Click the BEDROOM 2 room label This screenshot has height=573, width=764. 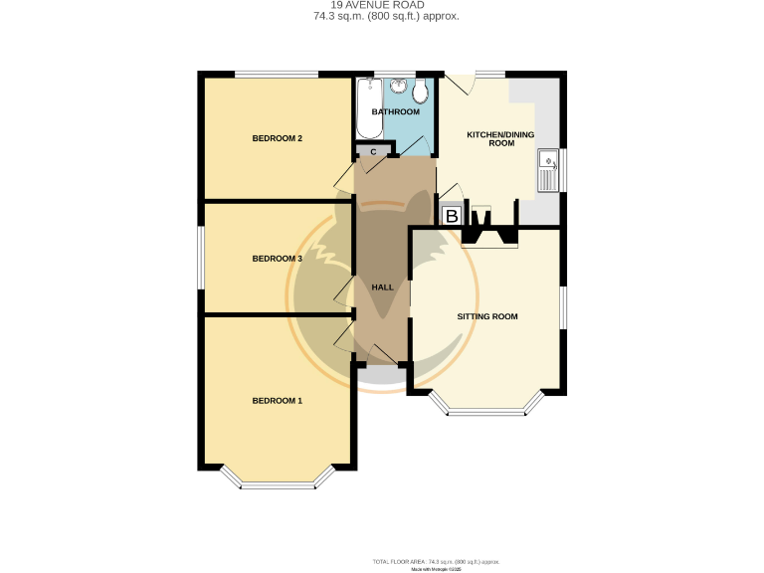tap(277, 138)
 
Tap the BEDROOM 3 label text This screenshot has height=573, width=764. tap(277, 259)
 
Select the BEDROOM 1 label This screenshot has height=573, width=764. tap(277, 401)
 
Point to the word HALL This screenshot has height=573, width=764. tap(382, 287)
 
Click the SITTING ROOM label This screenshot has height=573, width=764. tap(487, 316)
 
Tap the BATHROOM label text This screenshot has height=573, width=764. tap(395, 112)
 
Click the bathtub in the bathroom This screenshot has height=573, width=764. tap(363, 108)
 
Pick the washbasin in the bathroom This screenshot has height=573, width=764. tap(399, 87)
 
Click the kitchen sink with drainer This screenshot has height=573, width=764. tap(548, 170)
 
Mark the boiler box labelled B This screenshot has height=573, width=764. tap(451, 215)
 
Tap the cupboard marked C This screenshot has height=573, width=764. tap(374, 151)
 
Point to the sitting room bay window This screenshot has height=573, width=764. tap(487, 405)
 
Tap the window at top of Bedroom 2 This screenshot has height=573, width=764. tap(277, 74)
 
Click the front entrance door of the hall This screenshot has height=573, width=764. tap(381, 356)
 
